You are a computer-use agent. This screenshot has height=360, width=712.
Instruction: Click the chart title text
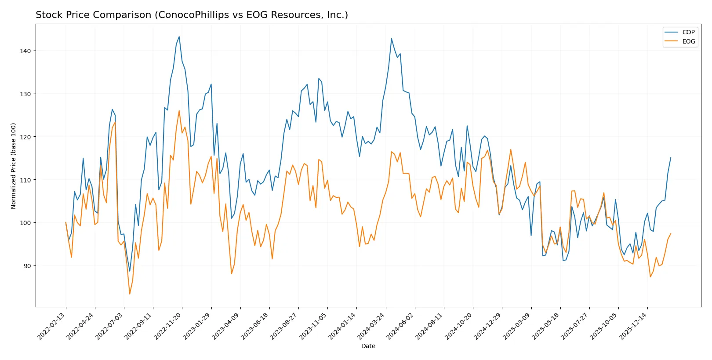192,15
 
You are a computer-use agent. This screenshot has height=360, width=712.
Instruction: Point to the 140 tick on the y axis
25,51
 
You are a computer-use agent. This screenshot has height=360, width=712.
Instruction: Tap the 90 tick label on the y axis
27,266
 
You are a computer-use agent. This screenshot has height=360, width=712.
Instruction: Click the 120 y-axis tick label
25,137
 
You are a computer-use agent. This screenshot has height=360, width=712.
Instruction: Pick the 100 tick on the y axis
25,223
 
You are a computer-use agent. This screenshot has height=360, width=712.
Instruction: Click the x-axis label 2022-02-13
52,326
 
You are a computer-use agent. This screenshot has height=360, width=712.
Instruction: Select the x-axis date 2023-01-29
197,326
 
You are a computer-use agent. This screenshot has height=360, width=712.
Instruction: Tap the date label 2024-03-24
372,326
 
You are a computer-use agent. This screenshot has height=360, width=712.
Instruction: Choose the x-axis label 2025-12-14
633,326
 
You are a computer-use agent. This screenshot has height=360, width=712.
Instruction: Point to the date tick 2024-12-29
488,326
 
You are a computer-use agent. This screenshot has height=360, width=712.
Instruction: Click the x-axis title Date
368,346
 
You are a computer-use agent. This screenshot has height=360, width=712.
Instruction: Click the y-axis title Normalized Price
14,166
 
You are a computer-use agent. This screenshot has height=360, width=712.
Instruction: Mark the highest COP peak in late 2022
179,36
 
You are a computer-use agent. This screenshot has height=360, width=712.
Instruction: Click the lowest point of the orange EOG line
130,294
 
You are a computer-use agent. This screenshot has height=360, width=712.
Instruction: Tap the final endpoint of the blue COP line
671,157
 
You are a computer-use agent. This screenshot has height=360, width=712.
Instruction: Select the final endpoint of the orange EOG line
671,233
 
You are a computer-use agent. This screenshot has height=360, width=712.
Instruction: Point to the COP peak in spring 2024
392,39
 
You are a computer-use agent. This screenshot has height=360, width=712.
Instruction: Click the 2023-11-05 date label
313,326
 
